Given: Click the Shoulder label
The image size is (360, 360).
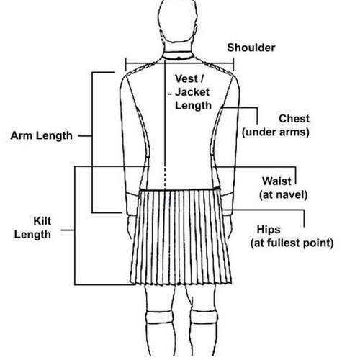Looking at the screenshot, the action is coord(251,48).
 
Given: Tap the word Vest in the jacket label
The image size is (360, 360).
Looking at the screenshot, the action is coord(187,78).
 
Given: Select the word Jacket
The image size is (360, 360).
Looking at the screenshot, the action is coord(192,92).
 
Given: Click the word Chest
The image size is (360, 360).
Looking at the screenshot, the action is coord(294,119).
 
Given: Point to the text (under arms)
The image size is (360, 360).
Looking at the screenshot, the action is coord(276,132).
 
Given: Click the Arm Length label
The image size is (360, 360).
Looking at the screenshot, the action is coord(42,136).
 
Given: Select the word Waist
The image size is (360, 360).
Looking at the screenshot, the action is coord(277,181).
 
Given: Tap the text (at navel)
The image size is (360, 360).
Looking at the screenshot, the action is coord(283,194).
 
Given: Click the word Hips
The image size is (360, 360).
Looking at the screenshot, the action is coord(269,230).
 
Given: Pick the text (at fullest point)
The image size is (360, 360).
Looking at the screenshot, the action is coord(292,243).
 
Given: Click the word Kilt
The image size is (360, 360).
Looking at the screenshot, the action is coord(42,221).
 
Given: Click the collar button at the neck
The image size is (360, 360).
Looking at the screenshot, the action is coord(179,58).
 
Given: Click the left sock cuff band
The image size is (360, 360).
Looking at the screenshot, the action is coord(159,318).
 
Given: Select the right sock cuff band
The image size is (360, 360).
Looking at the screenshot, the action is coord(204,318).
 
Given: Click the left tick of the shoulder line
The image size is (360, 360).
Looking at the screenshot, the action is coord(126,64).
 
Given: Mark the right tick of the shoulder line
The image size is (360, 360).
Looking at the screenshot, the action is coord(233,64).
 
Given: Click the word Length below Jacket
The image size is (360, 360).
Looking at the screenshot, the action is coord(193,106).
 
